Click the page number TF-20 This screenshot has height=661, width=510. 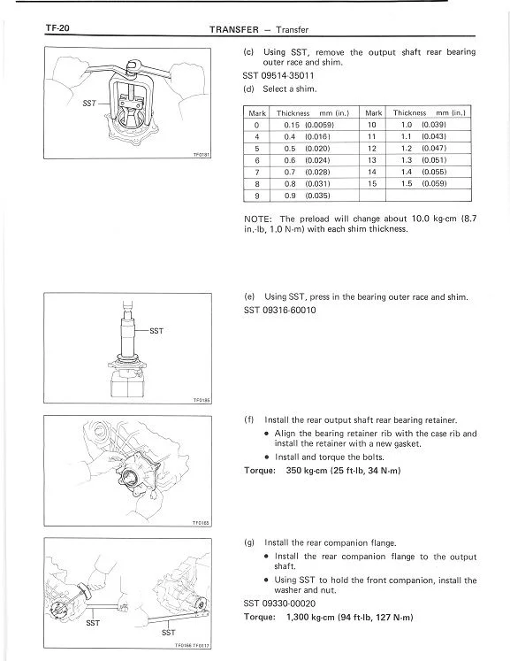57,28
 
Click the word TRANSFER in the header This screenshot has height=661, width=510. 234,29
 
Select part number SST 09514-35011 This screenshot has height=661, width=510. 278,76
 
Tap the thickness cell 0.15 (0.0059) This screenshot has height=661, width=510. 309,125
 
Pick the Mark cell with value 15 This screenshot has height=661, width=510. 372,184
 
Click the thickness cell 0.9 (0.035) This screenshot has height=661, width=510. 307,196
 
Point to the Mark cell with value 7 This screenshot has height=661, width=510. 257,172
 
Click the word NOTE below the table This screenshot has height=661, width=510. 258,219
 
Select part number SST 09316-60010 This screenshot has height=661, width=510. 279,311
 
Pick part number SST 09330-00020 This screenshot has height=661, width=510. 279,603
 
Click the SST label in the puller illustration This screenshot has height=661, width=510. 89,104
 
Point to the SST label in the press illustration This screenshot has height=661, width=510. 156,331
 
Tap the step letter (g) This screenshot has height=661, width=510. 249,543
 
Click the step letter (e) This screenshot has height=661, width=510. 249,296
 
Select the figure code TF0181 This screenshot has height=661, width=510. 202,155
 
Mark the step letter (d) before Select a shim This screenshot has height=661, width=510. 248,89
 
